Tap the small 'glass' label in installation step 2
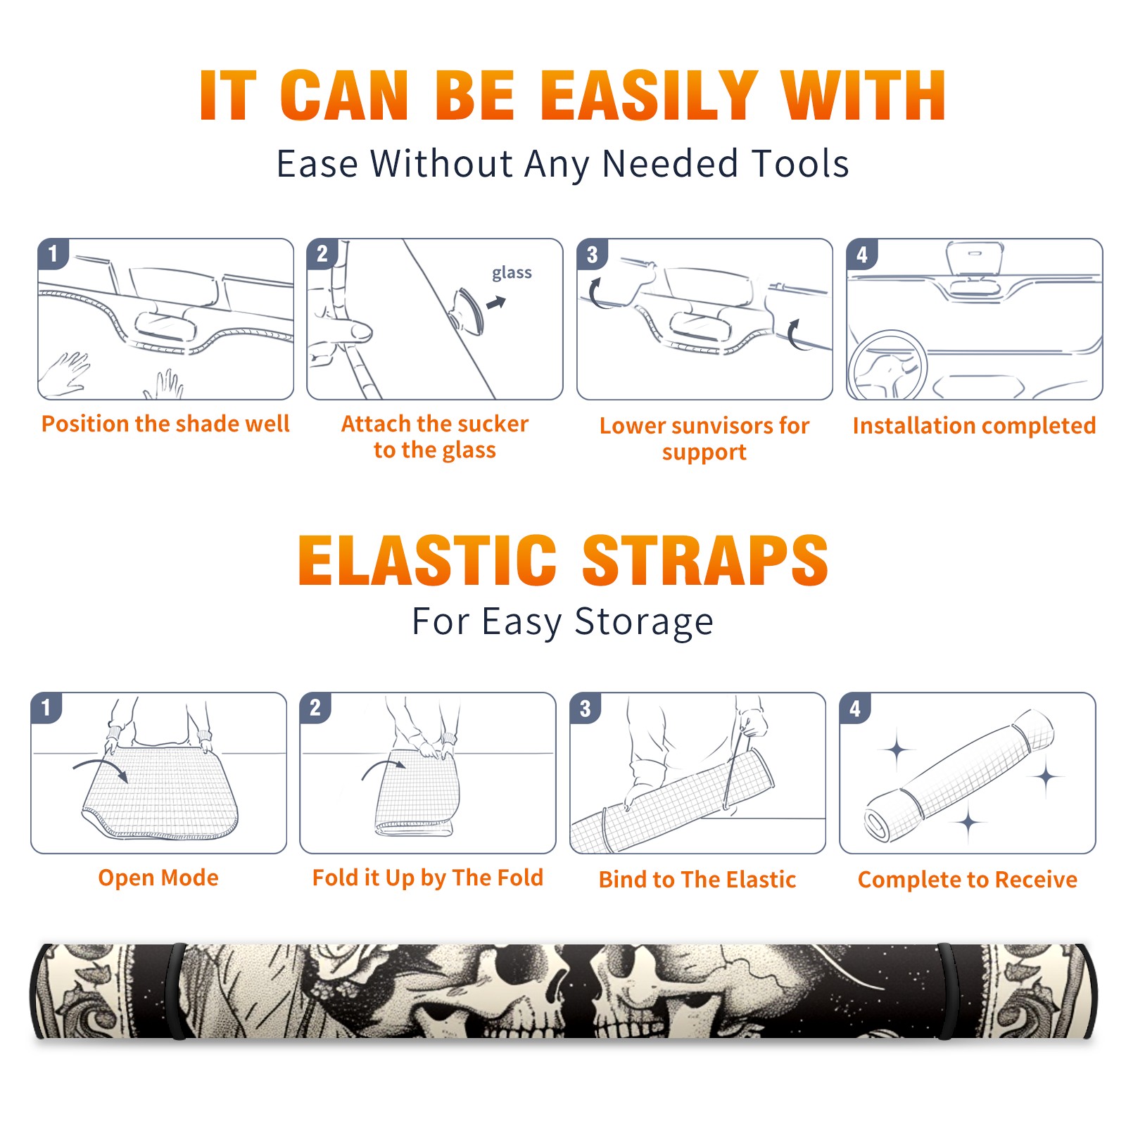pos(512,272)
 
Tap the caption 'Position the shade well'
pos(165,424)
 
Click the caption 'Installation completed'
pos(974,426)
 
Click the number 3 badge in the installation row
pos(592,255)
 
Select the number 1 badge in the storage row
pos(46,708)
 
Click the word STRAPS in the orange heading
pos(705,560)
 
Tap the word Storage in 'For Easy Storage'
pos(644,622)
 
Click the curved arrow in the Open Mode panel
pos(101,768)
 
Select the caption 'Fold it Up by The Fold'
pos(428,878)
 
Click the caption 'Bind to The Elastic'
pos(697,880)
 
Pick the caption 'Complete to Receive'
pos(968,880)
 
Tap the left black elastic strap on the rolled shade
pos(177,992)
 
